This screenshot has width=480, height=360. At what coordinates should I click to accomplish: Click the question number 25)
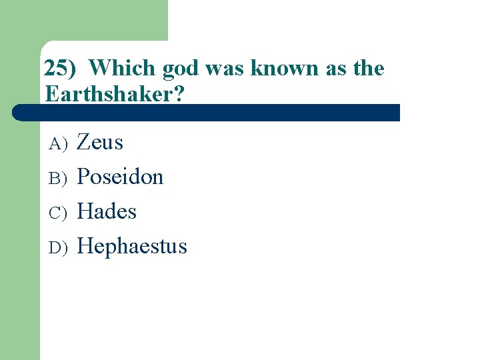61,68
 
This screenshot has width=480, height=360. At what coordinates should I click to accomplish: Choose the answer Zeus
100,142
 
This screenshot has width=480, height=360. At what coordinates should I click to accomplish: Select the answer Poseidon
120,177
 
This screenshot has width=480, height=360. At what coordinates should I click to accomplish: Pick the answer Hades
107,211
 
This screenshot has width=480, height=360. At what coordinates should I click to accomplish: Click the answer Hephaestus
132,247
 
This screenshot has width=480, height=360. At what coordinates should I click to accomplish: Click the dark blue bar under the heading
207,113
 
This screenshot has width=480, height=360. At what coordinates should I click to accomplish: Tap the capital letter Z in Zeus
84,142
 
